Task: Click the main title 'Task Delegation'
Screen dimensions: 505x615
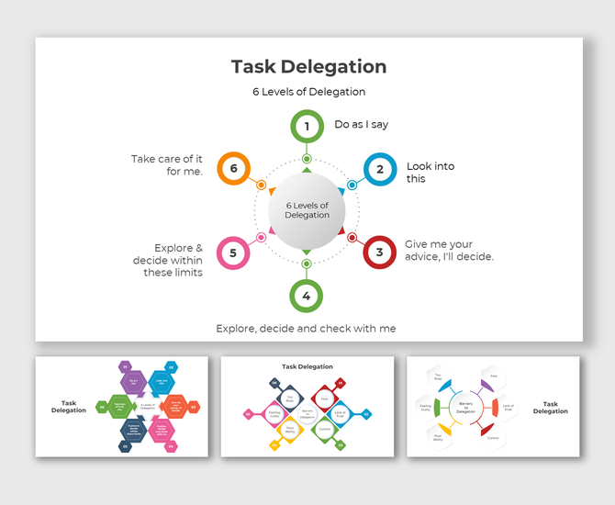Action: click(x=308, y=67)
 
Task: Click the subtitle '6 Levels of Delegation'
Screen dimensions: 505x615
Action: click(x=308, y=92)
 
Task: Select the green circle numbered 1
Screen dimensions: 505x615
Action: click(x=307, y=126)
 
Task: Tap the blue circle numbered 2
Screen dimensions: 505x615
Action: click(x=379, y=169)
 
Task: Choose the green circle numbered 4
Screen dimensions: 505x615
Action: click(x=307, y=296)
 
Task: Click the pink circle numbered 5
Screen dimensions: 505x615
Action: click(x=233, y=252)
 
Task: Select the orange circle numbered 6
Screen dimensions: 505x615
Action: click(x=233, y=169)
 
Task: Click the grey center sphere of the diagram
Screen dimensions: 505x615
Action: click(x=307, y=210)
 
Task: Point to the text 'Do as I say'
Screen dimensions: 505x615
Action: click(x=361, y=125)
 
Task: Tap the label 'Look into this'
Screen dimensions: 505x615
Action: click(x=430, y=173)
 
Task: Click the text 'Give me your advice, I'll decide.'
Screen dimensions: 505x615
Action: click(x=449, y=251)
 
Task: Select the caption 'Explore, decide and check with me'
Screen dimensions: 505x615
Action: click(x=306, y=328)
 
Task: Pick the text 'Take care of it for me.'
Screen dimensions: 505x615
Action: click(x=167, y=165)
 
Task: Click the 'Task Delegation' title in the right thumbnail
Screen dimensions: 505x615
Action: click(x=551, y=408)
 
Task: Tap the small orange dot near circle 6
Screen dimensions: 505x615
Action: click(x=262, y=185)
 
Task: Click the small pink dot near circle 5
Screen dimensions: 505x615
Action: click(x=262, y=238)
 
